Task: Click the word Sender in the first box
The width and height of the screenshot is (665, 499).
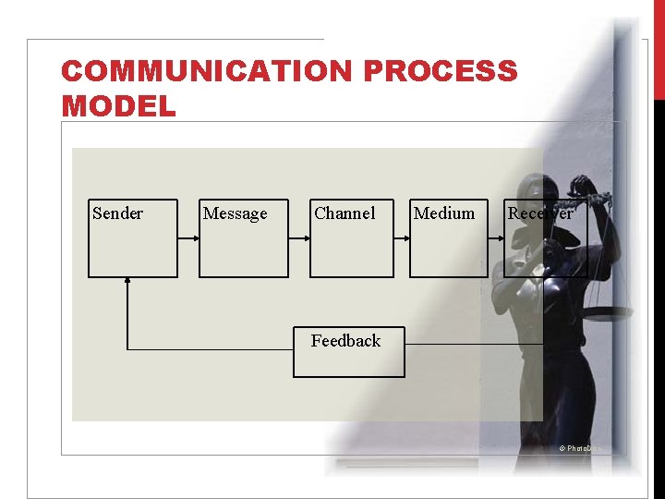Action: (x=118, y=213)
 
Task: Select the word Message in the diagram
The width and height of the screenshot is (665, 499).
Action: (x=235, y=213)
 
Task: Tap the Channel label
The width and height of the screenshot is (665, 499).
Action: (x=345, y=213)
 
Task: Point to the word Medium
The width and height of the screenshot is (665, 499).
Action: (x=444, y=213)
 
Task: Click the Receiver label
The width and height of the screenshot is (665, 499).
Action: (x=540, y=213)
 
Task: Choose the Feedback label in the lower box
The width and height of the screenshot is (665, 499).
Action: (x=345, y=341)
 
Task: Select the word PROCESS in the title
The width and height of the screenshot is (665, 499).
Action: (x=441, y=71)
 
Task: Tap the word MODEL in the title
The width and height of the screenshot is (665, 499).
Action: (x=118, y=106)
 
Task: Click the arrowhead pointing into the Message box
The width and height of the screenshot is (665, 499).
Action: (x=195, y=237)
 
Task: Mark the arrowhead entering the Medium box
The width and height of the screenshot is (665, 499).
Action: (x=405, y=237)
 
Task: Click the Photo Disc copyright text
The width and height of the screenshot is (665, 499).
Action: (x=579, y=448)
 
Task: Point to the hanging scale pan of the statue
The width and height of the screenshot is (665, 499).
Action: (x=611, y=314)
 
